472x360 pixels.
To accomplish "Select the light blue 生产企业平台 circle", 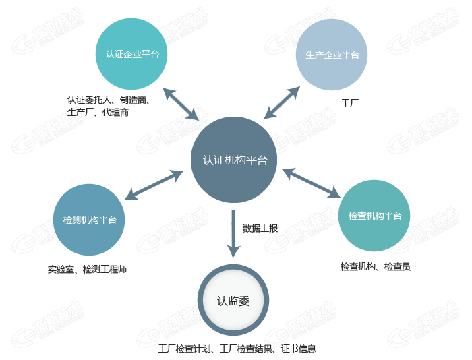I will [x=332, y=54].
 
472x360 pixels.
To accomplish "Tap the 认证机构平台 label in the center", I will [x=235, y=160].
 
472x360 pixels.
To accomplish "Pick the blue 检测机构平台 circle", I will [x=89, y=220].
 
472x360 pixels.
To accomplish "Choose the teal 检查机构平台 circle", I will [x=374, y=216].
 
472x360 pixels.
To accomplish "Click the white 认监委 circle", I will [x=233, y=301].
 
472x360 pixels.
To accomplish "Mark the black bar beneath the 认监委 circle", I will [x=237, y=349].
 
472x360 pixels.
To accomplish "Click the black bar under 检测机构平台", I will [x=88, y=270].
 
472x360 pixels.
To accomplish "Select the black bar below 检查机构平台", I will [x=375, y=267].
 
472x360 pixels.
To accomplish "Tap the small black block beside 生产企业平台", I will [x=349, y=103].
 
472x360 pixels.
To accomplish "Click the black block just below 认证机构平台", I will [x=260, y=229].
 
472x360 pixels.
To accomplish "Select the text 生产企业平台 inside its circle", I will [x=332, y=55].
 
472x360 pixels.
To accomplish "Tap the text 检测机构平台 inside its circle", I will [x=90, y=220].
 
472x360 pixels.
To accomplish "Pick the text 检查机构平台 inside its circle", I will [x=375, y=216].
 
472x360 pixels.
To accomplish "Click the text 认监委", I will [x=233, y=301].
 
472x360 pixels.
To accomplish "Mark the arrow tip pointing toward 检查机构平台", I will [x=338, y=196].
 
